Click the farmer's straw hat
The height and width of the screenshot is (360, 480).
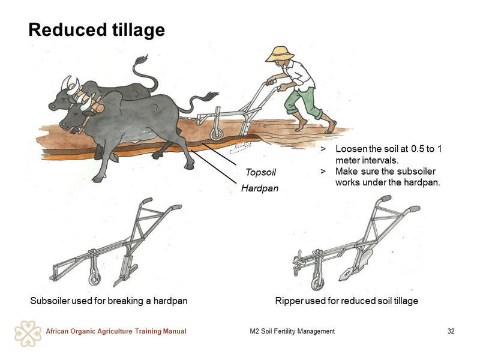(280, 54)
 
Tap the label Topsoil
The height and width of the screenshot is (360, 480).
(260, 172)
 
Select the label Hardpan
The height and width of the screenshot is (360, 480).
(260, 188)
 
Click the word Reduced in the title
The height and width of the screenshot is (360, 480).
(67, 30)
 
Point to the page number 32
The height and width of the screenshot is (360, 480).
(451, 331)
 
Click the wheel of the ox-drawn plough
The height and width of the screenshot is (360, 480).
(217, 134)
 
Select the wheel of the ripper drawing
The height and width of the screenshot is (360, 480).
(317, 283)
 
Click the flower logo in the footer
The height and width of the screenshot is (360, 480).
(28, 334)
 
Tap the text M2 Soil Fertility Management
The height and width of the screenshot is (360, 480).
(292, 331)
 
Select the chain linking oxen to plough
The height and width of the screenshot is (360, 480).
(188, 118)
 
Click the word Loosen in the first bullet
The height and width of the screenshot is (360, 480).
(352, 149)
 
